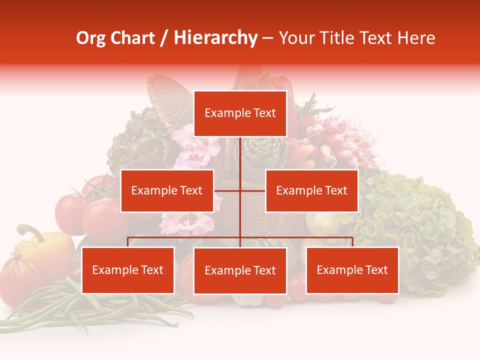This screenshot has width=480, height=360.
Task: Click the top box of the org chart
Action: point(240,113)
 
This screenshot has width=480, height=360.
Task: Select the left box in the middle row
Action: point(167,190)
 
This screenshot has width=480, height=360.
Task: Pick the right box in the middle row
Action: point(311,190)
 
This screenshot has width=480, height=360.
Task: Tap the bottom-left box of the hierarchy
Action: point(128,270)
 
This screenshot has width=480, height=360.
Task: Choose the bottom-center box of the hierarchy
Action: point(240,270)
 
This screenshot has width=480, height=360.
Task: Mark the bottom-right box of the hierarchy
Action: point(352,270)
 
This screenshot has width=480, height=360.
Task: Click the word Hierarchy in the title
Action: point(215,38)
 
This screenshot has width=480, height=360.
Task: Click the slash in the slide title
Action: point(164,38)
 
